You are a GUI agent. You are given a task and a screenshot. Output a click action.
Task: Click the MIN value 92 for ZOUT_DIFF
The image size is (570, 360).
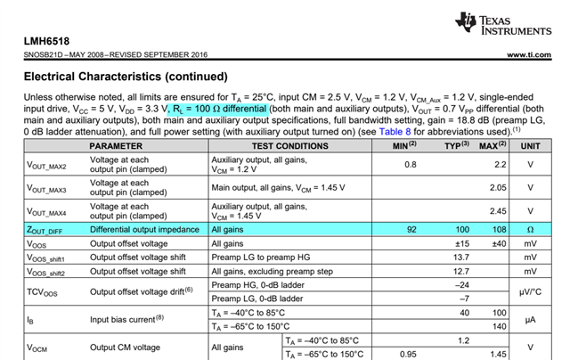point(411,229)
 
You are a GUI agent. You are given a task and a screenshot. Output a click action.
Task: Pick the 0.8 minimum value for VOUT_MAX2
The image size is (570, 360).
point(411,165)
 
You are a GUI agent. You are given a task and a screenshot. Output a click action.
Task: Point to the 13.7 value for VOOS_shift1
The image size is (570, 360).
point(463,257)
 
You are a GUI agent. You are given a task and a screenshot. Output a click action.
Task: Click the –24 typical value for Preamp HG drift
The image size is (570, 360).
point(461,285)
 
